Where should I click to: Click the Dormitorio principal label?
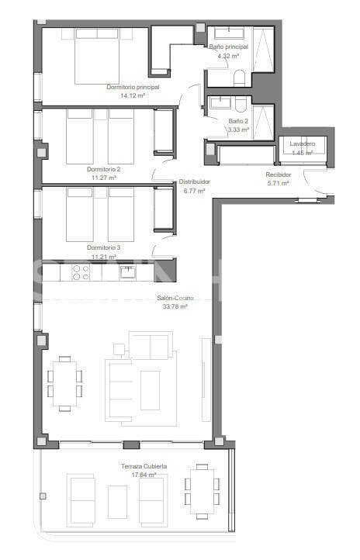(x=133, y=88)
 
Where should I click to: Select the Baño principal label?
(x=229, y=47)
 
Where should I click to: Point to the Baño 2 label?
(x=239, y=122)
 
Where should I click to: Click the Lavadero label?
(x=302, y=145)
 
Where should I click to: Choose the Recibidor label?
(x=279, y=176)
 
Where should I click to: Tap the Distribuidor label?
(x=195, y=181)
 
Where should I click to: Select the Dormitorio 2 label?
(x=103, y=168)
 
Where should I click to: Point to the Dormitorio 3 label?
(x=102, y=247)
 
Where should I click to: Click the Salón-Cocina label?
(x=174, y=298)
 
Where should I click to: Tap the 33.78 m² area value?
(x=174, y=306)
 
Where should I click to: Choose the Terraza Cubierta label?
(x=144, y=466)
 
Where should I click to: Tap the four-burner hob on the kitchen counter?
(x=81, y=271)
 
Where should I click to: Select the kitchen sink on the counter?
(x=128, y=271)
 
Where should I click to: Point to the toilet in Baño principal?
(x=239, y=77)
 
